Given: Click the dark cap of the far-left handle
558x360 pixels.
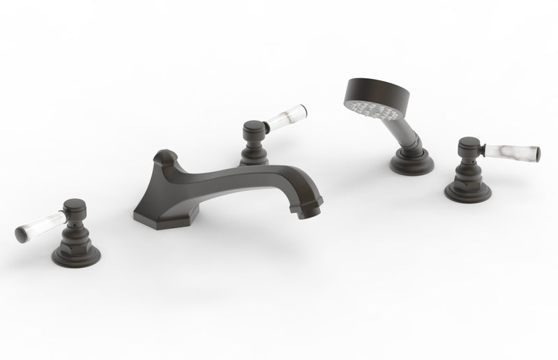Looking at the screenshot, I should pos(75,207).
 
